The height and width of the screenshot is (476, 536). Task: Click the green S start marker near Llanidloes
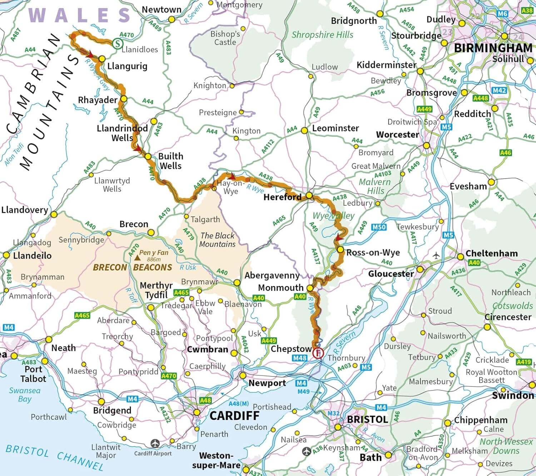[117, 44]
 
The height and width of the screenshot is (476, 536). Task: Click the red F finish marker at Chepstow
[318, 353]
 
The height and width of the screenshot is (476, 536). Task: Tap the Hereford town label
[282, 197]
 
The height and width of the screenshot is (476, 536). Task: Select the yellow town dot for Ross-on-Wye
[340, 250]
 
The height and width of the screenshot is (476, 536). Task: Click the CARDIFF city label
[234, 416]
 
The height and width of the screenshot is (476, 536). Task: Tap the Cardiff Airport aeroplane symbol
[155, 443]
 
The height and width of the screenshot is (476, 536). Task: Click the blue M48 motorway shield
[299, 358]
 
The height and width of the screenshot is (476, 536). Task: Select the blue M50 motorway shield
[379, 227]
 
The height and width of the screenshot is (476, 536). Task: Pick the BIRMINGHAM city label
[493, 48]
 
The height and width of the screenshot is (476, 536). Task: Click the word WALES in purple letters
[80, 15]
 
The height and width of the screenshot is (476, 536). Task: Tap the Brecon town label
[134, 224]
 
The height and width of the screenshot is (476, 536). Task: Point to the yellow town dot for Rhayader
[124, 99]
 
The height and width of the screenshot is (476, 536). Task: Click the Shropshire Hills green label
[322, 35]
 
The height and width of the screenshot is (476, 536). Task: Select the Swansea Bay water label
[25, 395]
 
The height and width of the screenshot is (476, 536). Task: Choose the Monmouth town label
[281, 288]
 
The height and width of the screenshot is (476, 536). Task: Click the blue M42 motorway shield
[499, 90]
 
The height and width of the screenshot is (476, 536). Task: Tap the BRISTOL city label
[367, 419]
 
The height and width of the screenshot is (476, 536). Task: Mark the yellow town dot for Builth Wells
[148, 156]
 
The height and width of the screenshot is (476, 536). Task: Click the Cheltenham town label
[491, 253]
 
